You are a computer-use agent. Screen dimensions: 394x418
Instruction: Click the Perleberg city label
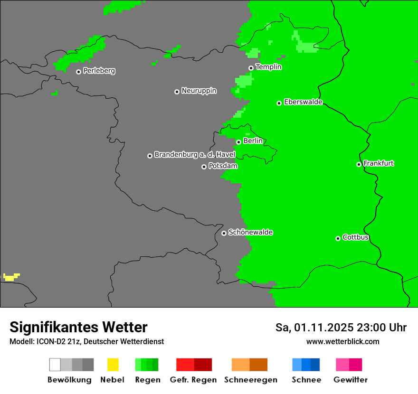click(x=99, y=71)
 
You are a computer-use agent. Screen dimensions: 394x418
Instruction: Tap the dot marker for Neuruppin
click(x=177, y=92)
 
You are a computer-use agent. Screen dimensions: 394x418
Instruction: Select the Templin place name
click(x=269, y=67)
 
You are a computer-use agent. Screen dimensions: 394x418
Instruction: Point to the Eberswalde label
click(x=303, y=102)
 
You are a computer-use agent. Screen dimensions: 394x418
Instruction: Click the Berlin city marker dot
click(x=238, y=142)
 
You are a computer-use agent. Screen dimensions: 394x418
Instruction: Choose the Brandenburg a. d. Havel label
click(x=195, y=155)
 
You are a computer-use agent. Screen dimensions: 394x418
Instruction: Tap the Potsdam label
click(x=223, y=166)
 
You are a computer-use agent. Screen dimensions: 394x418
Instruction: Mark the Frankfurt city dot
click(x=359, y=165)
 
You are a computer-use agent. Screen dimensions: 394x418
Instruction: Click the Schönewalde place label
click(x=251, y=233)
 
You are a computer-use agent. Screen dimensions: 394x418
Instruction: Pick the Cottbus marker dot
click(x=338, y=238)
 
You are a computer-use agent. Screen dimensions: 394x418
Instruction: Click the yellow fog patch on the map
click(x=11, y=277)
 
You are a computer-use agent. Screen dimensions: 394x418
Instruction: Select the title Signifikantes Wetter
click(x=78, y=328)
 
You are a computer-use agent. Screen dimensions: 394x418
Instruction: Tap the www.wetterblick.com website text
click(x=342, y=341)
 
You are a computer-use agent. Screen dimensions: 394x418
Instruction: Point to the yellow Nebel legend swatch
click(x=113, y=365)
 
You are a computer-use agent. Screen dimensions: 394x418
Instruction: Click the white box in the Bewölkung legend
click(x=55, y=365)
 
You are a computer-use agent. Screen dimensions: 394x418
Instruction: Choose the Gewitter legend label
click(x=351, y=380)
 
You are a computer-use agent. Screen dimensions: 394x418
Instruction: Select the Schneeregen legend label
click(x=251, y=380)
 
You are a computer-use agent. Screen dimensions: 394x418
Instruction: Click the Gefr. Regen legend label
click(x=193, y=380)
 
